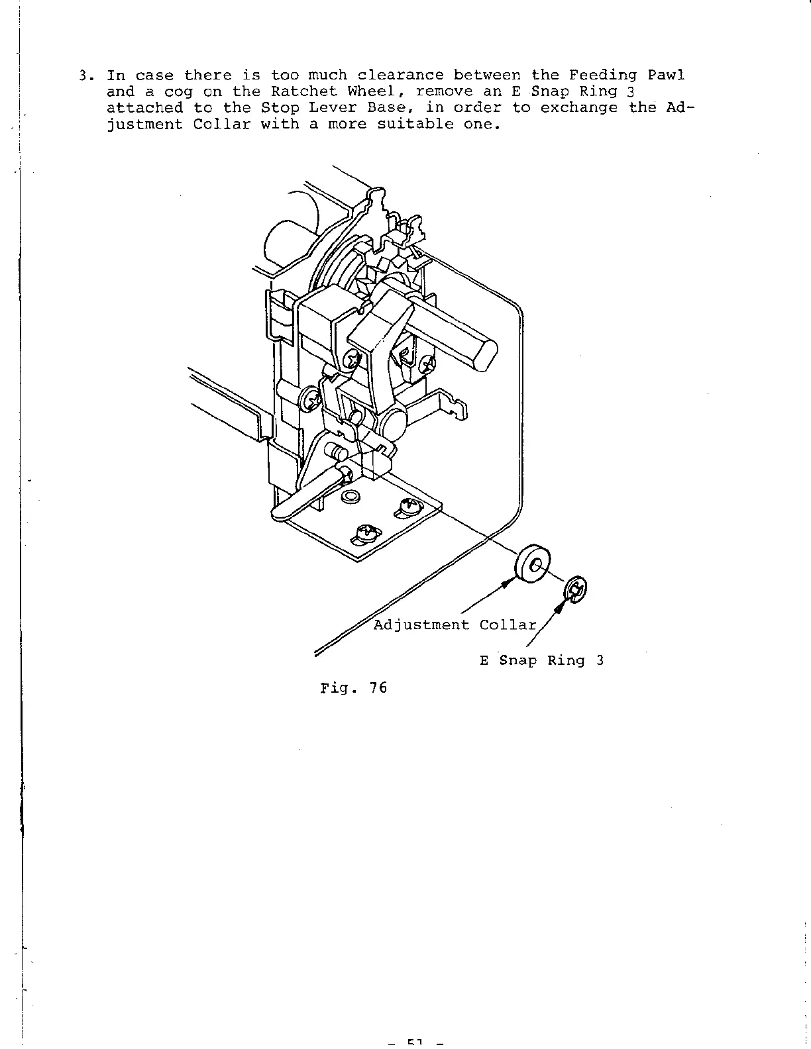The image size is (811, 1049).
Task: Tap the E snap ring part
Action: (x=576, y=589)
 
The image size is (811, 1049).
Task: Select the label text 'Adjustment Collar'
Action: (x=455, y=625)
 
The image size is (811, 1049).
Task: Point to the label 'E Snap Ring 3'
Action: (x=541, y=660)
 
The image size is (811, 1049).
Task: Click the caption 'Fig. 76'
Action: (x=353, y=687)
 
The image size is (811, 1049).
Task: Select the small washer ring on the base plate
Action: (x=350, y=496)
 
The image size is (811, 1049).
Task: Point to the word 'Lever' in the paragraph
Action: (x=322, y=108)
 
